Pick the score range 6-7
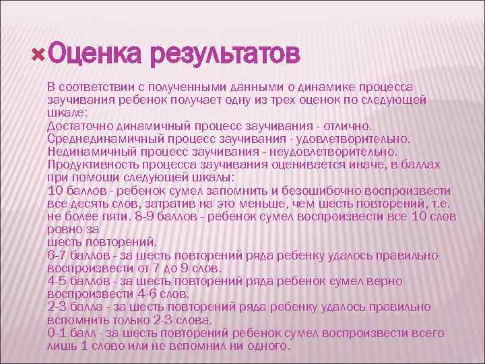coord(59,255)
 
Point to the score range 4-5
coord(59,281)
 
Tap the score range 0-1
coord(59,333)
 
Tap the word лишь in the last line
coord(61,346)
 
